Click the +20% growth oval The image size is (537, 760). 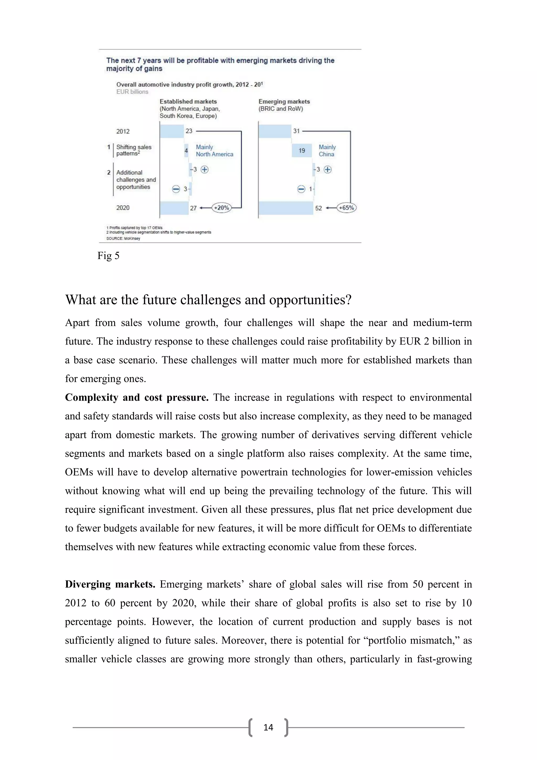(221, 208)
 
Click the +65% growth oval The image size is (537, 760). (346, 208)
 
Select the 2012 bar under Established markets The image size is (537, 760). (172, 131)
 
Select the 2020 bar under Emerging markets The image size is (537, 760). (286, 208)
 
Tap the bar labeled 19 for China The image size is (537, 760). (302, 151)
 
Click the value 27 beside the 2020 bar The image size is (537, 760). (193, 208)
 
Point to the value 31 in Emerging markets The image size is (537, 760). (296, 131)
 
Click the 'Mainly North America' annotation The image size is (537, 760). (214, 151)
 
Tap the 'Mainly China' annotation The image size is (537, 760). (327, 151)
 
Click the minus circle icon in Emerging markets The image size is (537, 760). (301, 189)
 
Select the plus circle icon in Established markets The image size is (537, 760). (205, 170)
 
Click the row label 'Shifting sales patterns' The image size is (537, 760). (133, 150)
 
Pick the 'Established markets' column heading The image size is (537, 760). (188, 102)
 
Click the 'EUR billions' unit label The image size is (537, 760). (132, 92)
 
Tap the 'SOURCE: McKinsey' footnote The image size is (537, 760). (123, 238)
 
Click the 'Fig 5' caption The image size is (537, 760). (108, 256)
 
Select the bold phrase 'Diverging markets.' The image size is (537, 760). (110, 584)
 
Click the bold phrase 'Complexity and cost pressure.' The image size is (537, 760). (137, 398)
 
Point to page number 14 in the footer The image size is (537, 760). (268, 727)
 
